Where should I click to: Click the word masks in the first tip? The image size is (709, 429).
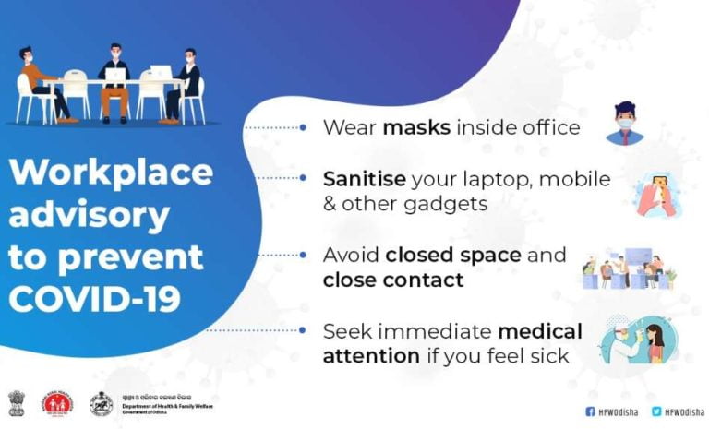coord(415,127)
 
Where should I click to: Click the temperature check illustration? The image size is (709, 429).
coord(636,341)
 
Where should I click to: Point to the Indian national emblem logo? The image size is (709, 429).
coord(18,403)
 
